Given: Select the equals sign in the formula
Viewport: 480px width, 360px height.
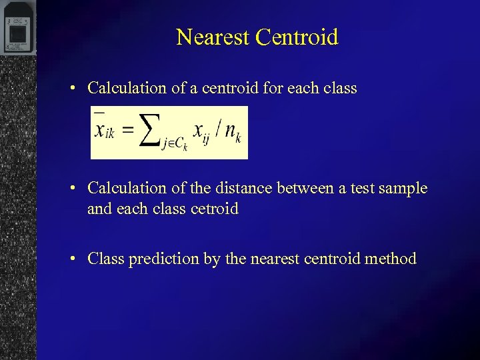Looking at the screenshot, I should (127, 130).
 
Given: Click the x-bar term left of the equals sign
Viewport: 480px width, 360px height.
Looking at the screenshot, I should (104, 130).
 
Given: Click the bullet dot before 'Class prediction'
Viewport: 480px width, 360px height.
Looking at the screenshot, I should (77, 259).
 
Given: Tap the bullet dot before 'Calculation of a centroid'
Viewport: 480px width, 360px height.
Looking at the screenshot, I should (77, 88).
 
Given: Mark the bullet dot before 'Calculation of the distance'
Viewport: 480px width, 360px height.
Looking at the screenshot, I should (77, 189).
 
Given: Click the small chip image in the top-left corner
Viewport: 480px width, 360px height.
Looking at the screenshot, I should (17, 28).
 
